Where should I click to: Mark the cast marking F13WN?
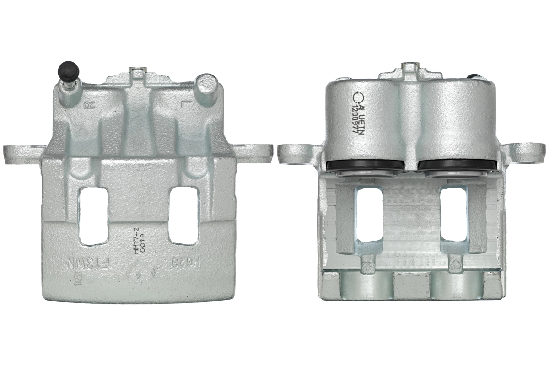91,264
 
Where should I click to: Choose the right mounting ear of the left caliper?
254,153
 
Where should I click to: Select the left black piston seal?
366,165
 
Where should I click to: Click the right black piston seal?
457,165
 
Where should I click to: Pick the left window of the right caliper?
369,215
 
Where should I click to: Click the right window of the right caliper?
453,215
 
